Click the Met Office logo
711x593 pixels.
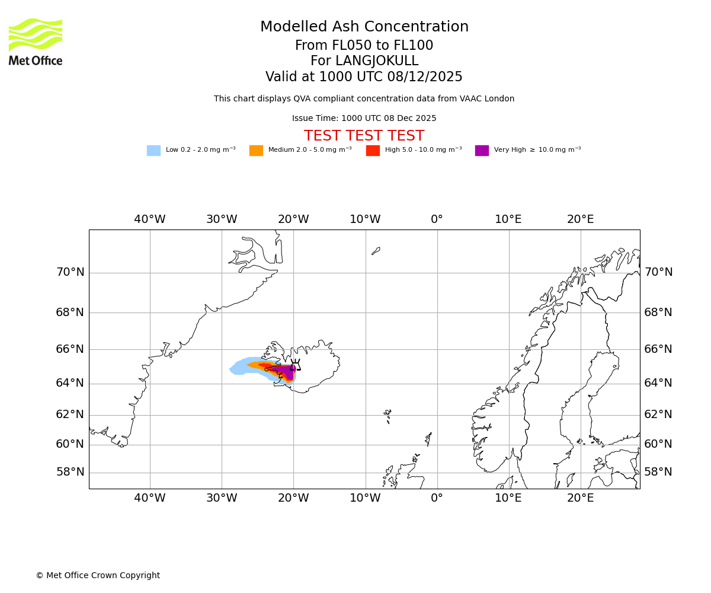(x=36, y=42)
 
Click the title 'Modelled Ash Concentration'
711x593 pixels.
(x=364, y=27)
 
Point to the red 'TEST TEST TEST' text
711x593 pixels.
(x=364, y=136)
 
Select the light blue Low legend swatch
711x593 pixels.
(x=153, y=151)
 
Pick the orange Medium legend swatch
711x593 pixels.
(x=256, y=151)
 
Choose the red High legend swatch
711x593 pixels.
(x=373, y=151)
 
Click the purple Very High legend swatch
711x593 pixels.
(x=482, y=151)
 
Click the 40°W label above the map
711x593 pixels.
(x=150, y=219)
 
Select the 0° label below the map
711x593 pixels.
(x=437, y=498)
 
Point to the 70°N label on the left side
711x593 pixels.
(x=70, y=273)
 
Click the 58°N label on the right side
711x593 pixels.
(x=658, y=472)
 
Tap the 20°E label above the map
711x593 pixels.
(x=580, y=219)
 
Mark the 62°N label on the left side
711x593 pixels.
(x=70, y=415)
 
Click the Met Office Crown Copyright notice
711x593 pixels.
(x=98, y=575)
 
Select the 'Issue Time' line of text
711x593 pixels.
(x=364, y=119)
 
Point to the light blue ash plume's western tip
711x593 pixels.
(x=232, y=369)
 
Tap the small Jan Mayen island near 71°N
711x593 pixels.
(x=376, y=251)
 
